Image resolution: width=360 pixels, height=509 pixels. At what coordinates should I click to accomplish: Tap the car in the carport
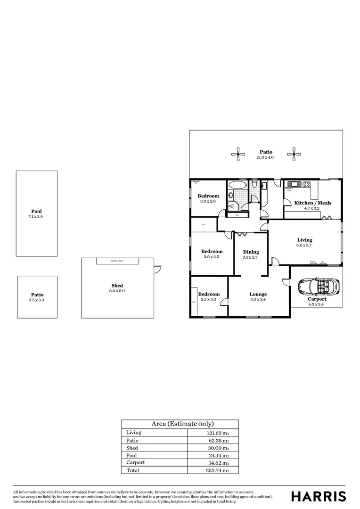(x=317, y=286)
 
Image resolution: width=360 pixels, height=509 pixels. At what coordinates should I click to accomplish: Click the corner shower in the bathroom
(x=233, y=206)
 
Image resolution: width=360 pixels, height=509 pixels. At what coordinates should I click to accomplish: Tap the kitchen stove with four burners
(x=307, y=184)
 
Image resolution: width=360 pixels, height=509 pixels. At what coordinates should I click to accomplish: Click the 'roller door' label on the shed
(x=117, y=261)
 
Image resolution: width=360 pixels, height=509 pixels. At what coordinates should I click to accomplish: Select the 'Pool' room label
(x=36, y=212)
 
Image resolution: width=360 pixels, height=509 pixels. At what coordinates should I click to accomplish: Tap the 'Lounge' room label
(x=258, y=294)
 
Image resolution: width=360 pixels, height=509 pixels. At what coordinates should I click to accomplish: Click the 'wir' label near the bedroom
(x=204, y=224)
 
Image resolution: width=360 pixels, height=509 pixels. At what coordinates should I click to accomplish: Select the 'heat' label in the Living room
(x=313, y=262)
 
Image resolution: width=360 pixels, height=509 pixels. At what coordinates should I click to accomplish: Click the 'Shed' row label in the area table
(x=132, y=448)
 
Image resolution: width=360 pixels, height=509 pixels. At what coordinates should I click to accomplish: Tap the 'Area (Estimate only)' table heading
(x=180, y=424)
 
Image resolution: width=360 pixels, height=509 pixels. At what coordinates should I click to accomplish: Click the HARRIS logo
(x=319, y=496)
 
